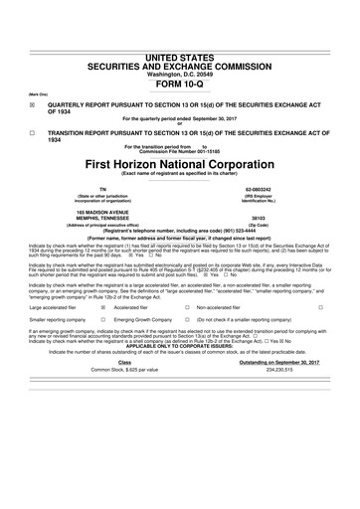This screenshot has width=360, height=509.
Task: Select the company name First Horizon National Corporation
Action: point(180,163)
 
